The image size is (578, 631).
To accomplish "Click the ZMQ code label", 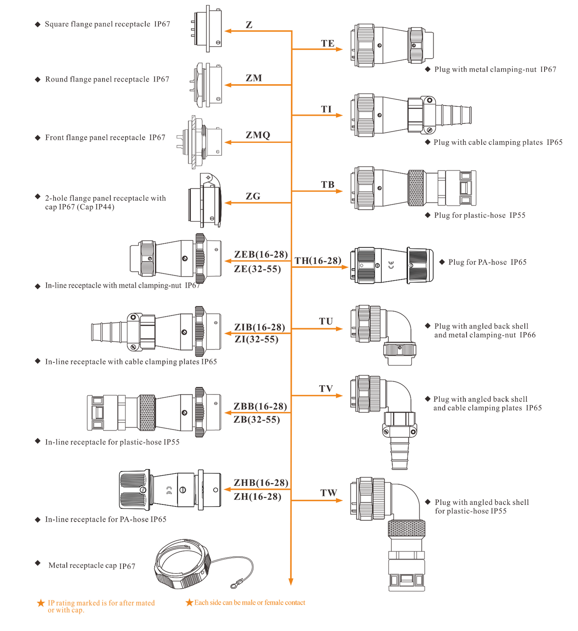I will [x=258, y=135].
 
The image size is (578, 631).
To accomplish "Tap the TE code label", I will [x=327, y=43].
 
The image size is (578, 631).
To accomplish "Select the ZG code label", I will [x=253, y=196].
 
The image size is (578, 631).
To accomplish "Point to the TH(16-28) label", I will [x=318, y=261].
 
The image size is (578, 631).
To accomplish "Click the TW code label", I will [x=328, y=493].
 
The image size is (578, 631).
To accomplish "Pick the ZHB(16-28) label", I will [x=261, y=483].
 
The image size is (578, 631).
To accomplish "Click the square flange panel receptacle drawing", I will [x=208, y=28].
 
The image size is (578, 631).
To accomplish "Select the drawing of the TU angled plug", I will [x=383, y=334].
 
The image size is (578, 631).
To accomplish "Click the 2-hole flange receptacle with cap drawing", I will [x=205, y=201].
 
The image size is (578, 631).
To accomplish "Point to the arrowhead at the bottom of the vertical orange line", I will [x=291, y=581].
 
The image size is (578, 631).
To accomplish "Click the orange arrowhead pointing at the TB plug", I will [x=339, y=191].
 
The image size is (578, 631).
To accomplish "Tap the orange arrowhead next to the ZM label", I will [x=228, y=85].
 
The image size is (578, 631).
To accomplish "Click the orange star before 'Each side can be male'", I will [x=189, y=602].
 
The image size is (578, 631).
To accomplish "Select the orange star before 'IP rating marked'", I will [x=41, y=603].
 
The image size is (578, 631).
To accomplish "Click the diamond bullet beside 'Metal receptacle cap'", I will [x=38, y=563].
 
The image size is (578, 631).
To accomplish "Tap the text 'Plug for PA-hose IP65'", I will [x=487, y=262].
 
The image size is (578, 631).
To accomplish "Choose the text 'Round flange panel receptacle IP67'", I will [x=107, y=80].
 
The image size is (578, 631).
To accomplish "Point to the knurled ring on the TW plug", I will [x=406, y=528].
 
